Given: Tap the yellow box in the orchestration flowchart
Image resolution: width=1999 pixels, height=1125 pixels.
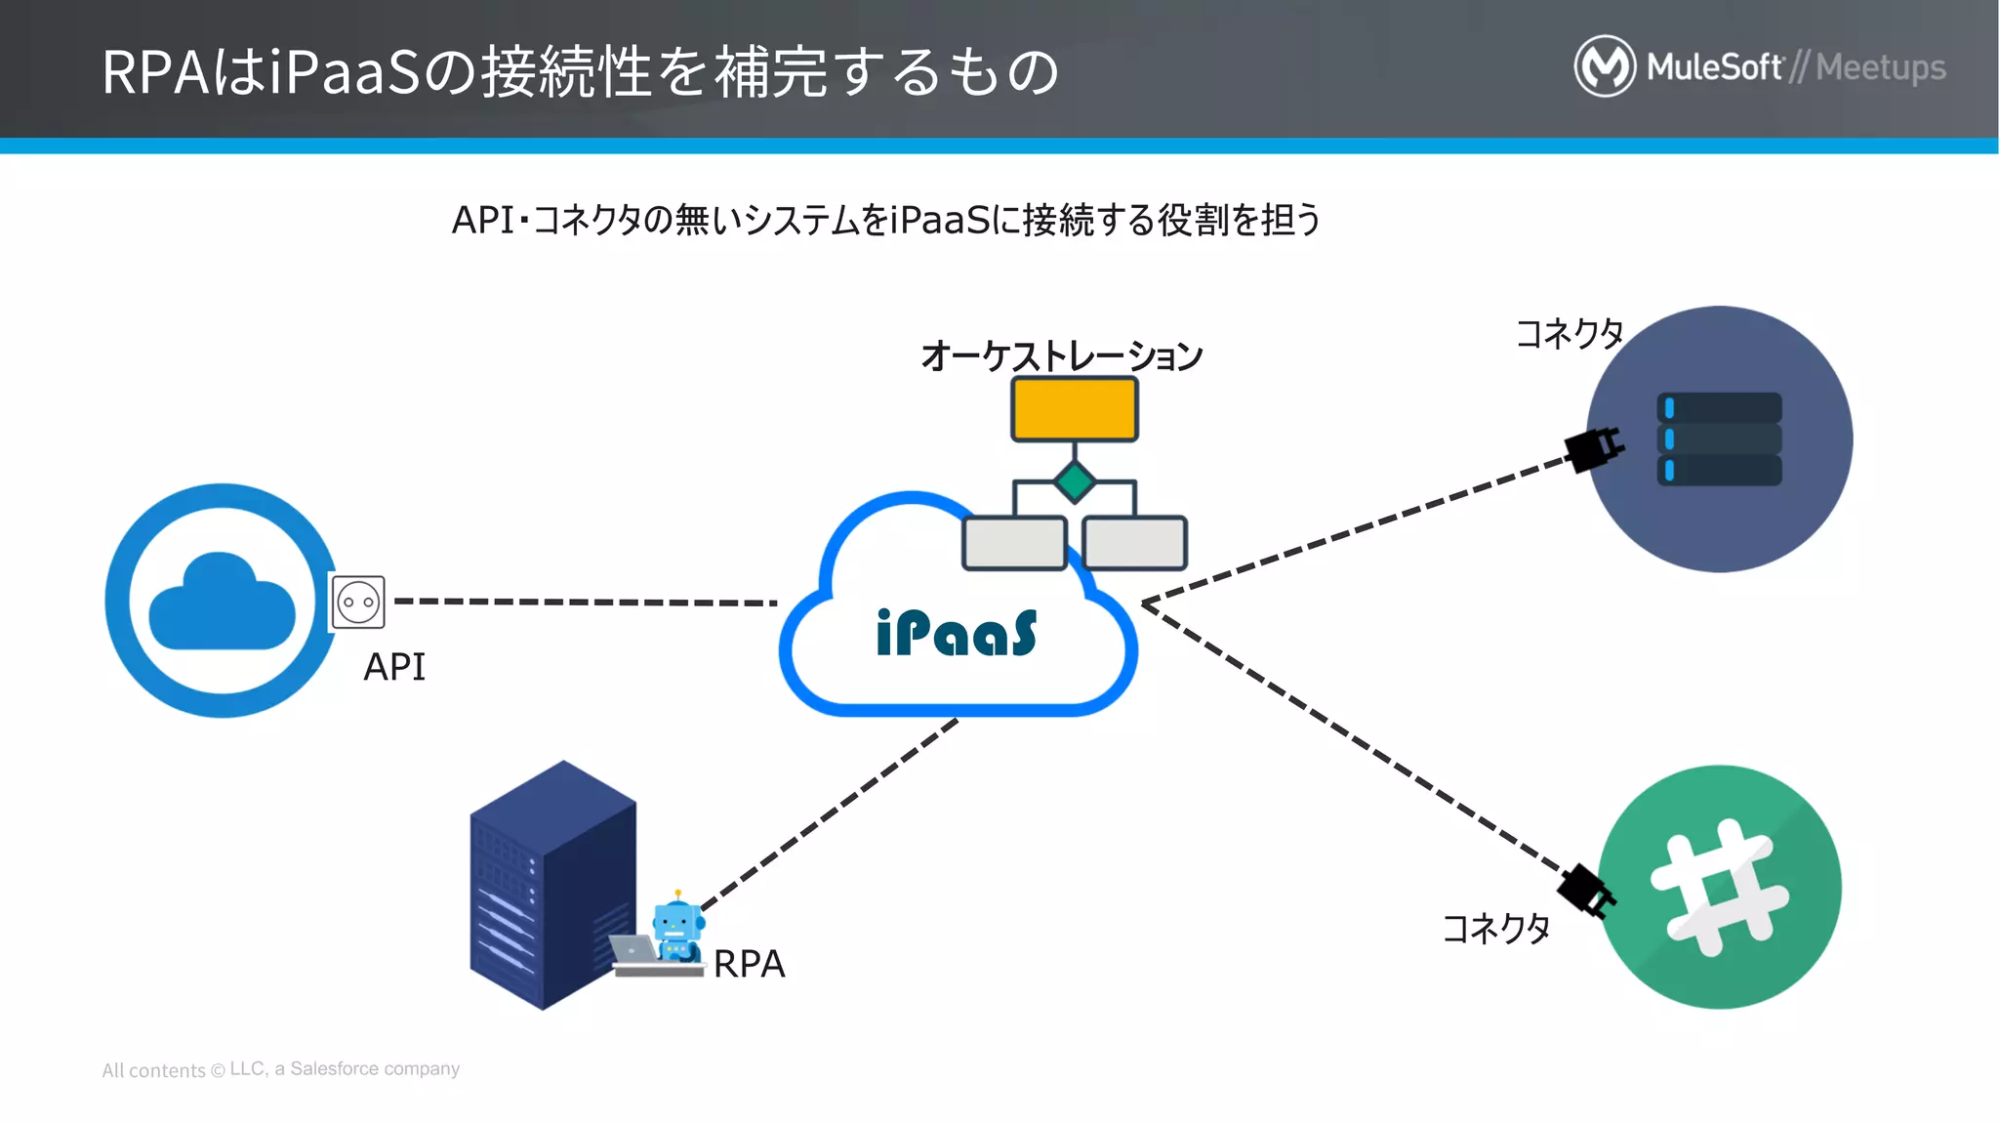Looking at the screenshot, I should [1074, 409].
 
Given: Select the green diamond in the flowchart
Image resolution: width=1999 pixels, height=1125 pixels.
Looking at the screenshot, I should [1074, 481].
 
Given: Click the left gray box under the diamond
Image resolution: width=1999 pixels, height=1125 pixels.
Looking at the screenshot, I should [1014, 543].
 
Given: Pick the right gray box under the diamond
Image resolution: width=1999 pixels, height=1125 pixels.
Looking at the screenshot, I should [1134, 543].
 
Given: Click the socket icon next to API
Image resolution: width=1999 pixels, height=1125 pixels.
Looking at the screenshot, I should [358, 603].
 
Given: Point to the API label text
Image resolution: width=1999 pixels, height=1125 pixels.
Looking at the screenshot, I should [394, 667].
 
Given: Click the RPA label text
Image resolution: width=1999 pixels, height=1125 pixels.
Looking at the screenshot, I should [749, 964].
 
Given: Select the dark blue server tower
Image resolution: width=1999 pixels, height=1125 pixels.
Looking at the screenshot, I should [551, 884].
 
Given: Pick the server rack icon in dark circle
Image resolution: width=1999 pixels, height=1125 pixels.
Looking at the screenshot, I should [1719, 438].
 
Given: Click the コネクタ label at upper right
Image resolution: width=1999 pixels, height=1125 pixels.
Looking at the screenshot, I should [1569, 334].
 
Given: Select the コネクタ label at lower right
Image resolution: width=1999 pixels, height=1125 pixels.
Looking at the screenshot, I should [1495, 928].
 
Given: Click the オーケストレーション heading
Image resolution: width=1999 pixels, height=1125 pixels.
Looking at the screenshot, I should [1061, 355].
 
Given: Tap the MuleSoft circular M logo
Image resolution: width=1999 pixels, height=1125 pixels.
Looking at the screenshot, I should [1604, 66].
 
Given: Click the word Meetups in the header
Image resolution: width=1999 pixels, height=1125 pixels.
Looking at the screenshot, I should [1880, 67].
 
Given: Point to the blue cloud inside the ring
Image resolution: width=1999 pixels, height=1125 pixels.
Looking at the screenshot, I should [222, 603].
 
